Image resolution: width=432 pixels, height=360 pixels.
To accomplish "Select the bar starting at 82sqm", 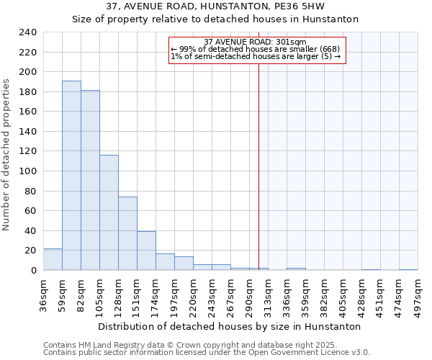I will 90,180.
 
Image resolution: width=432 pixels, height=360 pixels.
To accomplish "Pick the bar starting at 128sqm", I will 127,233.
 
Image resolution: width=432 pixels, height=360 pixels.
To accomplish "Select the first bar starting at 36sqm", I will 53,259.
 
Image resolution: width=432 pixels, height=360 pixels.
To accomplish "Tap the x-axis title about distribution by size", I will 229,326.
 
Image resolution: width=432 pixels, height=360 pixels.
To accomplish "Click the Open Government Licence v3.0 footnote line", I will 207,353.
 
